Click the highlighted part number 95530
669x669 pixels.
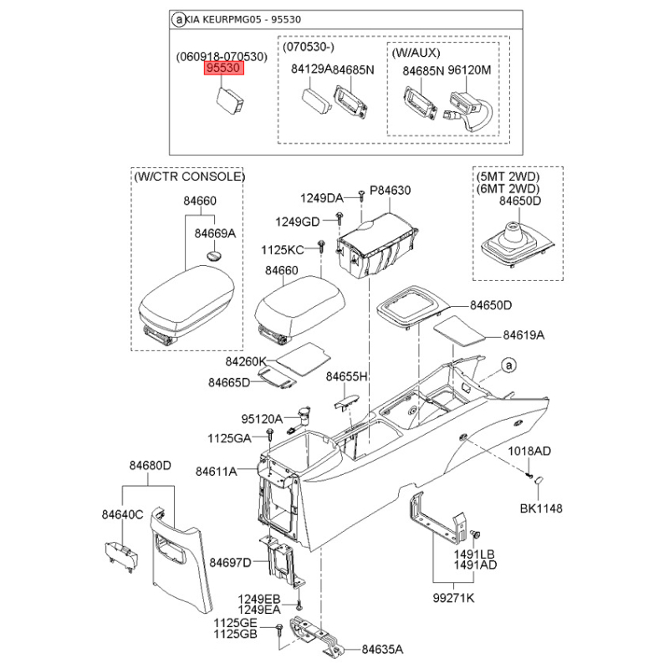pyautogui.click(x=224, y=69)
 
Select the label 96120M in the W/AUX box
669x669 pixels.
pyautogui.click(x=469, y=70)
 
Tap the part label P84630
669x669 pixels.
pyautogui.click(x=390, y=191)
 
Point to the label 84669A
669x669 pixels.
pyautogui.click(x=215, y=233)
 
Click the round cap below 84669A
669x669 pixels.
pyautogui.click(x=214, y=255)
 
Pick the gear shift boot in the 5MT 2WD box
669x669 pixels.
pyautogui.click(x=518, y=243)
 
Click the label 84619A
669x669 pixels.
pyautogui.click(x=523, y=335)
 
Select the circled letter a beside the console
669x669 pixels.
pyautogui.click(x=508, y=365)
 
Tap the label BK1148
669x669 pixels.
pyautogui.click(x=541, y=508)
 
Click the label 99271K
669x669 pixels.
pyautogui.click(x=453, y=598)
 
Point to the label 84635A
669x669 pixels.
pyautogui.click(x=382, y=650)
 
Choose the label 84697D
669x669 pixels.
pyautogui.click(x=231, y=563)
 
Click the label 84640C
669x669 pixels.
pyautogui.click(x=122, y=515)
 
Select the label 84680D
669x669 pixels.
pyautogui.click(x=151, y=466)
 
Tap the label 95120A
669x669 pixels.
pyautogui.click(x=262, y=419)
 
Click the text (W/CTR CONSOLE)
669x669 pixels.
pyautogui.click(x=190, y=176)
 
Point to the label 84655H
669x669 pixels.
pyautogui.click(x=346, y=377)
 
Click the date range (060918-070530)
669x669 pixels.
pyautogui.click(x=222, y=57)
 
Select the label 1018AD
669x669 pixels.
pyautogui.click(x=529, y=451)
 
